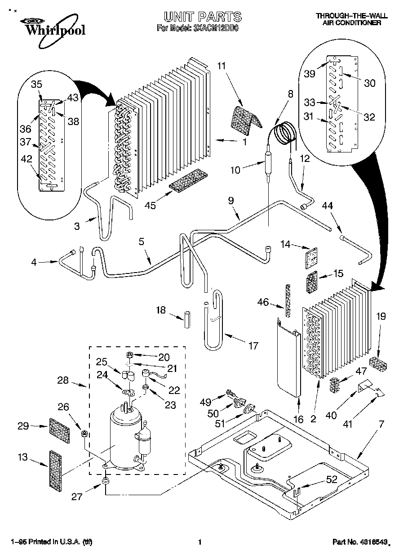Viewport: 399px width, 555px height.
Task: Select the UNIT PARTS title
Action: (202, 17)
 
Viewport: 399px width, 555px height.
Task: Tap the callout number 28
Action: (63, 380)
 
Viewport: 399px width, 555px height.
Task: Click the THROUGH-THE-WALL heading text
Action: (348, 16)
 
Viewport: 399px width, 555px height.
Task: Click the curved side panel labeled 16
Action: (288, 355)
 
